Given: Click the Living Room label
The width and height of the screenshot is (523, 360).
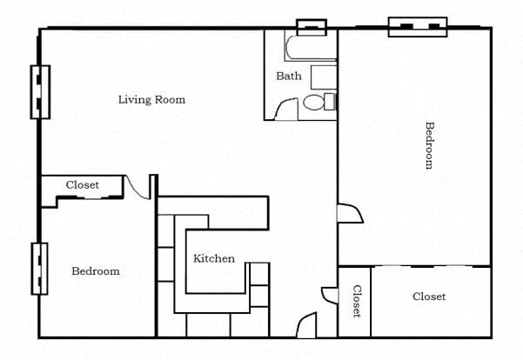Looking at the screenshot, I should click(151, 100).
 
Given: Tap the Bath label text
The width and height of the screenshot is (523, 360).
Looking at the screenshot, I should click(289, 77).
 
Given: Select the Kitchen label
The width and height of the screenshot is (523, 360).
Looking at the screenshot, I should click(213, 258).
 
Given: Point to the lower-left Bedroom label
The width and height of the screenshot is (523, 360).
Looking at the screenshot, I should click(95, 271).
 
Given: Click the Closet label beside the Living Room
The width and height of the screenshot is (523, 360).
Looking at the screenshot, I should click(83, 185).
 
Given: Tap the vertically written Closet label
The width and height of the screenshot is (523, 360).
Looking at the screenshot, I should click(356, 301).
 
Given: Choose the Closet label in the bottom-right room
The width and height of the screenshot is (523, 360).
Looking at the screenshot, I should click(429, 297).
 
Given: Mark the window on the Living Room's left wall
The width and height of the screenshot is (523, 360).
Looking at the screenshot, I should click(39, 91).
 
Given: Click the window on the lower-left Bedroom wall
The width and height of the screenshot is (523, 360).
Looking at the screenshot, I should click(39, 268).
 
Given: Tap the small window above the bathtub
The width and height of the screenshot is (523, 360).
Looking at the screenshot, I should click(311, 26).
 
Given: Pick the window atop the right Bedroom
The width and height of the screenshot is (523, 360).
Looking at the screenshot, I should click(417, 26).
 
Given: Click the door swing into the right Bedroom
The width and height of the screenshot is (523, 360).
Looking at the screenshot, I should click(350, 213).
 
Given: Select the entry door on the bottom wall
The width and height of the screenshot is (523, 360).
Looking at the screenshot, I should click(307, 327).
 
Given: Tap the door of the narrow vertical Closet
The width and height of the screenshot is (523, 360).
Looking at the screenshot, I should click(329, 296).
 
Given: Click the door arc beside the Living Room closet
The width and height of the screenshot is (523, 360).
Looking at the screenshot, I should click(136, 186).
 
